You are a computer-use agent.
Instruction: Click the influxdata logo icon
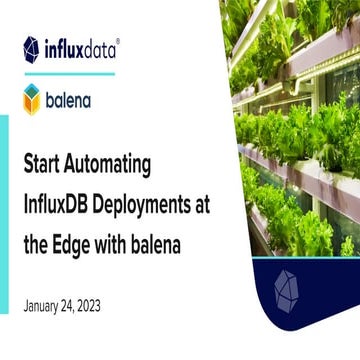(x=31, y=48)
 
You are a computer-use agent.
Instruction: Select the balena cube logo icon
(x=31, y=99)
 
